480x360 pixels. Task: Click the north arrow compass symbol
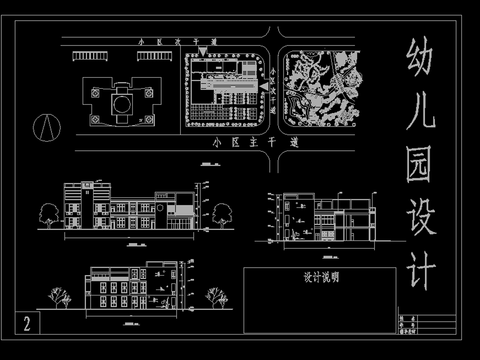point(45,127)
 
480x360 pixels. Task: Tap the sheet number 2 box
point(27,322)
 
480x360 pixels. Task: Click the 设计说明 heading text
point(321,279)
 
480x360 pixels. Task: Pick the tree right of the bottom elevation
point(214,295)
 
